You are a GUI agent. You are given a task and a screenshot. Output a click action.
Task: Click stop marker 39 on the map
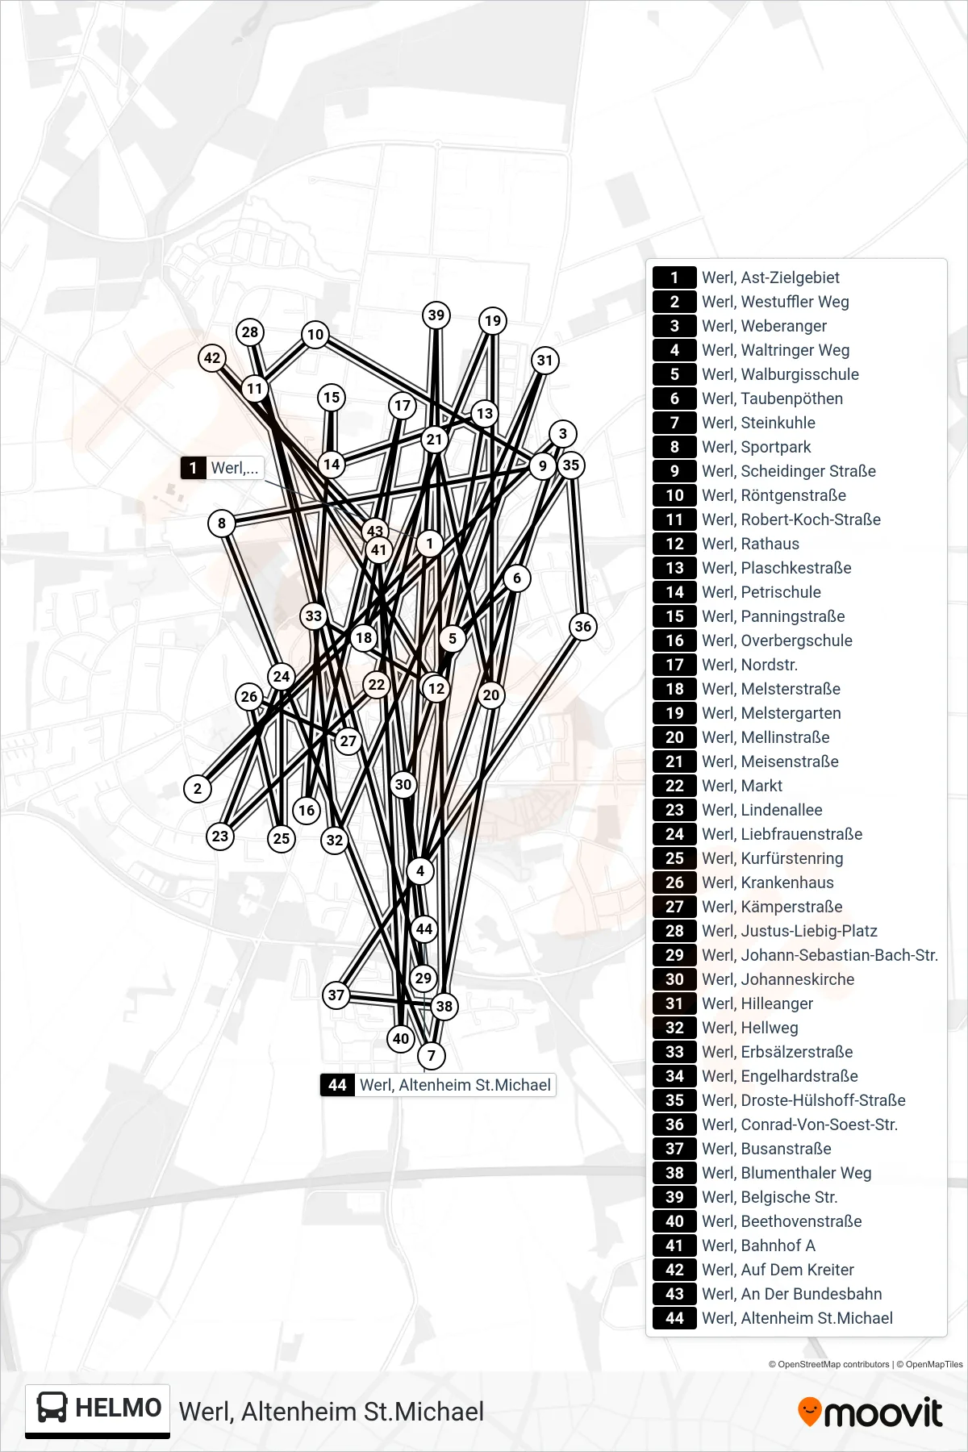click(x=436, y=315)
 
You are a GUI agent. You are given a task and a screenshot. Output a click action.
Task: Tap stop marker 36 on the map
click(x=582, y=626)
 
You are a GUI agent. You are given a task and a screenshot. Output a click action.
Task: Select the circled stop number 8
click(x=222, y=523)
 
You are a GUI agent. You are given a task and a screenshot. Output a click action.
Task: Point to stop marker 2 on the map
click(x=198, y=789)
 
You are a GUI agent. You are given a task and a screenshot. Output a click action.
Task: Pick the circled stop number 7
click(x=432, y=1055)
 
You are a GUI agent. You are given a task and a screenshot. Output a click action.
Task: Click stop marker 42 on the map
click(x=212, y=358)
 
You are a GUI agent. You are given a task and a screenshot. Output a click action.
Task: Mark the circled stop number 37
click(x=336, y=995)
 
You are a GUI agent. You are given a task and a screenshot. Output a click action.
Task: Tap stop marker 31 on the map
click(x=545, y=361)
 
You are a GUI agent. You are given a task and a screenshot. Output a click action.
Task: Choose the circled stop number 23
click(x=220, y=836)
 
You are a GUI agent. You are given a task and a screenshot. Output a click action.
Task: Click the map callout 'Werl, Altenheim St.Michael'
click(x=438, y=1085)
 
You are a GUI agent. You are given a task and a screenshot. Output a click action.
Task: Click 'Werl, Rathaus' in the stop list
click(x=750, y=544)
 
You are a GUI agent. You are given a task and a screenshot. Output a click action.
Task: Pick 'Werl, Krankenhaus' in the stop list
click(x=768, y=882)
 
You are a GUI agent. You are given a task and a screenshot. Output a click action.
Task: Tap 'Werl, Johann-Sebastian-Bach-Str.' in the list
click(x=820, y=955)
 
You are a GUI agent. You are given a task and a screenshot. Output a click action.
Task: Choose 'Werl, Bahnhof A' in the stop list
click(x=758, y=1245)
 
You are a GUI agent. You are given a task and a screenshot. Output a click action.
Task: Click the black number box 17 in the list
click(x=674, y=665)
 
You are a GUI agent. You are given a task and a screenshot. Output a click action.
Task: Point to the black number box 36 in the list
click(x=674, y=1124)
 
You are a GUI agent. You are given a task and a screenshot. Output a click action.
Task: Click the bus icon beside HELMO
click(x=52, y=1408)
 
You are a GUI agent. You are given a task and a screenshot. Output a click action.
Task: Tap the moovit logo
click(x=870, y=1412)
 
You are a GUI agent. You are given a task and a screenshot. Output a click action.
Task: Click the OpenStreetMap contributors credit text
click(x=828, y=1365)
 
